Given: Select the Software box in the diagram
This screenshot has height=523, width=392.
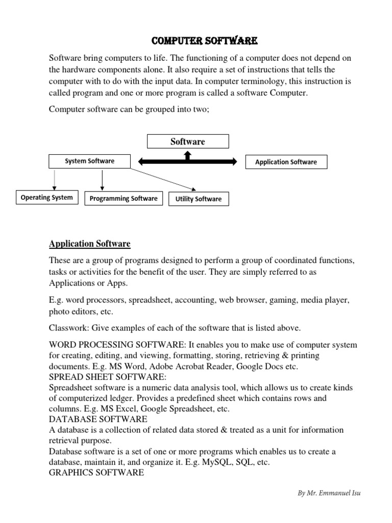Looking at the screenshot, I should pyautogui.click(x=188, y=141).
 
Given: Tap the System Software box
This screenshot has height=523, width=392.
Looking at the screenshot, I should pyautogui.click(x=89, y=161).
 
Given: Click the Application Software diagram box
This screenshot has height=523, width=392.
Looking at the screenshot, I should pyautogui.click(x=286, y=162).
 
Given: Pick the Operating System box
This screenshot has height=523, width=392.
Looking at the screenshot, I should pyautogui.click(x=46, y=197).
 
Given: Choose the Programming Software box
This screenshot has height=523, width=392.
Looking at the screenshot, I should pyautogui.click(x=124, y=198).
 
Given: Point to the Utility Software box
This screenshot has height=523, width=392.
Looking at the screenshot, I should pyautogui.click(x=199, y=199).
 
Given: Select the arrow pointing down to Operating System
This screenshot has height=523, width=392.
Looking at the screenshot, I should pyautogui.click(x=54, y=179).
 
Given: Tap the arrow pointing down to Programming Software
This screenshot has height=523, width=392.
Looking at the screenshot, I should pyautogui.click(x=103, y=180).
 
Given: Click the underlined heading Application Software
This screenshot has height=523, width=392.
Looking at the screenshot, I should pyautogui.click(x=90, y=244).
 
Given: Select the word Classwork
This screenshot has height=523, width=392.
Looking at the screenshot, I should pyautogui.click(x=66, y=327).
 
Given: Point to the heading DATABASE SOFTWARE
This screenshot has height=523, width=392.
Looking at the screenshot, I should pyautogui.click(x=98, y=419).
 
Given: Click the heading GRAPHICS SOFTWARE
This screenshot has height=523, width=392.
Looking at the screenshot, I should pyautogui.click(x=96, y=473).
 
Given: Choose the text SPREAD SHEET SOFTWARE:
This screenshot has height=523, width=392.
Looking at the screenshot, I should pyautogui.click(x=108, y=376).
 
